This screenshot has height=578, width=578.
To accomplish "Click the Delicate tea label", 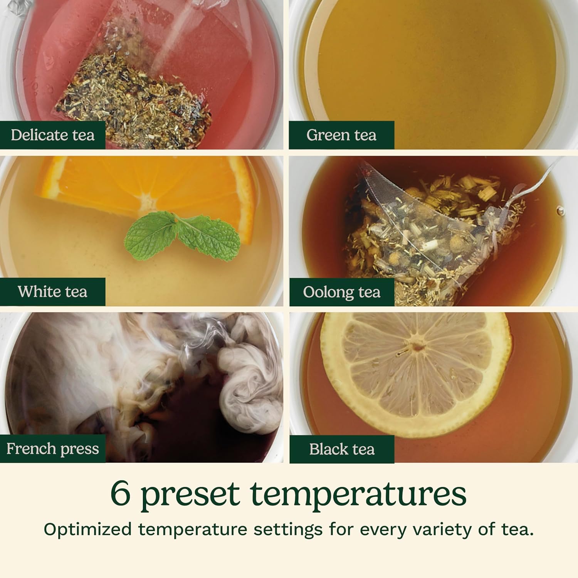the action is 52,135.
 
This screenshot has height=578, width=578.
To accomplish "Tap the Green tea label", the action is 341,135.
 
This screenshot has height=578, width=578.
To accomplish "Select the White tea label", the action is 52,292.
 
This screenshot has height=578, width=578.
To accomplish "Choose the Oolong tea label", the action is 341,292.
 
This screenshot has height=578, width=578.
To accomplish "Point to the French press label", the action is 52,449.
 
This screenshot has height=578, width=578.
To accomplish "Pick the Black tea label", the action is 342,449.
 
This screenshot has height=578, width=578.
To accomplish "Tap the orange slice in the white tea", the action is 146,193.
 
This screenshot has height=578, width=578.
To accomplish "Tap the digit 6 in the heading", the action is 120,494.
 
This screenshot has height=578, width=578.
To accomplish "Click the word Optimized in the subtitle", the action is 87,530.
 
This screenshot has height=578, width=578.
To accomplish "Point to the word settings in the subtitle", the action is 288,530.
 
